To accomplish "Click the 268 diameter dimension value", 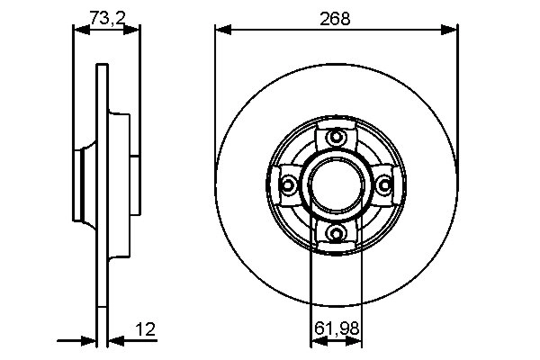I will tap(337, 17).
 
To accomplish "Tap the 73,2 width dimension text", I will tap(107, 17).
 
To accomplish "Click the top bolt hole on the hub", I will tap(337, 138).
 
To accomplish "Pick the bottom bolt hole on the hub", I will tap(337, 234).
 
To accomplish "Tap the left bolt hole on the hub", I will tap(289, 185).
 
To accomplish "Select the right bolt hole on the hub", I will tap(385, 185).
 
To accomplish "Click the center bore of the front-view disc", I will tap(337, 184).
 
